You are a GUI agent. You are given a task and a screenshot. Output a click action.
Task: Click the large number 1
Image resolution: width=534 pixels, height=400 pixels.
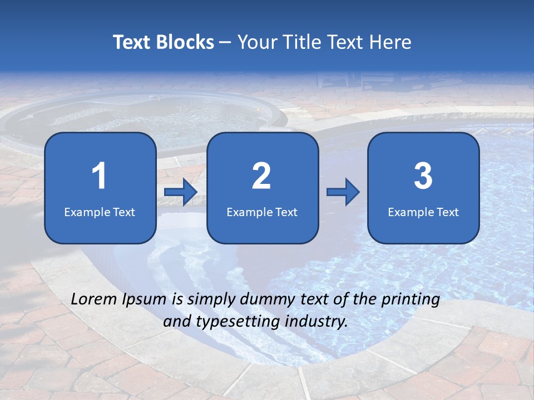point(100,176)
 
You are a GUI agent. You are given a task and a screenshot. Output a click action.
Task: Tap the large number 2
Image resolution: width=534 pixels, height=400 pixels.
point(261,176)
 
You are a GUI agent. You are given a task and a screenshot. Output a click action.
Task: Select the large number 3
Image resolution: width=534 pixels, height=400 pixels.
point(423,176)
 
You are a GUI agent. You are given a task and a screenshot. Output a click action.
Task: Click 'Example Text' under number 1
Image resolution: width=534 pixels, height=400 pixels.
point(100,212)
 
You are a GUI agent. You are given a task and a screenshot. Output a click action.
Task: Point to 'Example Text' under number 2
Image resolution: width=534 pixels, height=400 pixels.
point(262,212)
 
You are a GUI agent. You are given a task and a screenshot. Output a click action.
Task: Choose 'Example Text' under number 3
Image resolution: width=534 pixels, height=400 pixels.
point(423,212)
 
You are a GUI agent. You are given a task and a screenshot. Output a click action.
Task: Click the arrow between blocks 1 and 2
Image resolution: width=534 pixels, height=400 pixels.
point(181,192)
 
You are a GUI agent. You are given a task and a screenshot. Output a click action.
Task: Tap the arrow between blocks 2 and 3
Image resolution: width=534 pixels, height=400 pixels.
point(343,192)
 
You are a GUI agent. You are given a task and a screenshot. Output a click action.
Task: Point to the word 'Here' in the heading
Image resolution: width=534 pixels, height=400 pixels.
point(391,42)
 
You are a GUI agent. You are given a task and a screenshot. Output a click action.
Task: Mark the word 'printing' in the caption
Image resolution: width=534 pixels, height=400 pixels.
point(411,300)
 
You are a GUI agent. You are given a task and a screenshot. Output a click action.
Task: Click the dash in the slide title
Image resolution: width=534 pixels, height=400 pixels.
point(226,43)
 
